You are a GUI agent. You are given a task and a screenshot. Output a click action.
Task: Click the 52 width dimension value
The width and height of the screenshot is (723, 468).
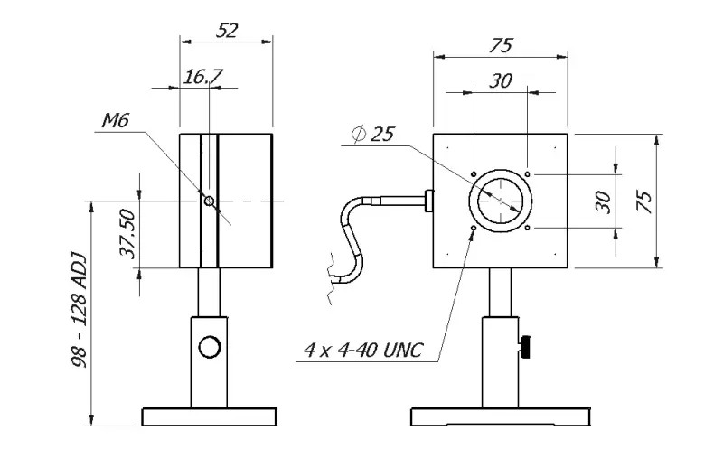pos(227,30)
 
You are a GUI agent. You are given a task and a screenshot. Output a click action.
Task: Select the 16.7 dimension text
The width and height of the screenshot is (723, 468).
pos(202,77)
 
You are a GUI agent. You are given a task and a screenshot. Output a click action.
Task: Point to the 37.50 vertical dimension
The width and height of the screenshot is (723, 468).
pos(127,234)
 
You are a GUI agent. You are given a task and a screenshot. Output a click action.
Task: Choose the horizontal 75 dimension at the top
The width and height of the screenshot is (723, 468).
pos(501,45)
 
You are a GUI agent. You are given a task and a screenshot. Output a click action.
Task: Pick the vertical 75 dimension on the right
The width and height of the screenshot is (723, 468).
pos(645,201)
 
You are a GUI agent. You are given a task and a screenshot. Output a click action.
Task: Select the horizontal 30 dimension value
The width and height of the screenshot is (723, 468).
pos(501,81)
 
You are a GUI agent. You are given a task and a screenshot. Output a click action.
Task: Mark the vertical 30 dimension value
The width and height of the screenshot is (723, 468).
pos(604,201)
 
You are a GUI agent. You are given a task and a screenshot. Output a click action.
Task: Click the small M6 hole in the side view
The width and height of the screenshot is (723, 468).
pos(209,201)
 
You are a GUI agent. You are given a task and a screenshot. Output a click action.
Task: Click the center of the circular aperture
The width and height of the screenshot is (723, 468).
pos(500,200)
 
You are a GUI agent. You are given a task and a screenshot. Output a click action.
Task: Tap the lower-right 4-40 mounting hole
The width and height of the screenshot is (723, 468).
pos(527,228)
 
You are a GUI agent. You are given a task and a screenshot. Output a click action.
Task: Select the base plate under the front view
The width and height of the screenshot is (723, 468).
pos(500,417)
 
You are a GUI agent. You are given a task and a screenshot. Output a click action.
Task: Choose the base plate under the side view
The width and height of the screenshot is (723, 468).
pos(209,417)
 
